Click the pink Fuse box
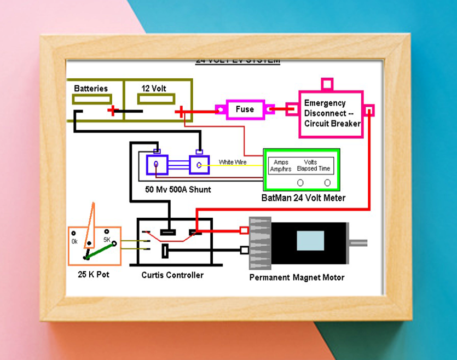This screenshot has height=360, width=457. pos(245,109)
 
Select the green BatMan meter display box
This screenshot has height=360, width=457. pos(301,170)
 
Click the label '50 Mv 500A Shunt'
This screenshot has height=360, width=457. pos(178,190)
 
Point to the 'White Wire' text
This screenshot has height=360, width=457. pos(233,162)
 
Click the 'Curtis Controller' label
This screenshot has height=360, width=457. pos(172,275)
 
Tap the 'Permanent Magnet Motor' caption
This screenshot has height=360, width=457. pos(297,277)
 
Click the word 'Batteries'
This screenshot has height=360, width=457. pos(91,88)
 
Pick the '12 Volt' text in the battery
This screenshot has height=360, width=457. pos(154,88)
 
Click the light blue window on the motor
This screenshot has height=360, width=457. pos(310,241)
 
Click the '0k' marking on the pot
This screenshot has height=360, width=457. pos(74,241)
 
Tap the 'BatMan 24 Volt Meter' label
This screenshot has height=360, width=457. pos(304,198)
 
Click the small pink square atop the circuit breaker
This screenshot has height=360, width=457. pos(327,84)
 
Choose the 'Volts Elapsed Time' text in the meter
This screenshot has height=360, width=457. pos(317,166)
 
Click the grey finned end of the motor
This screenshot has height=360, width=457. pos(260,243)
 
